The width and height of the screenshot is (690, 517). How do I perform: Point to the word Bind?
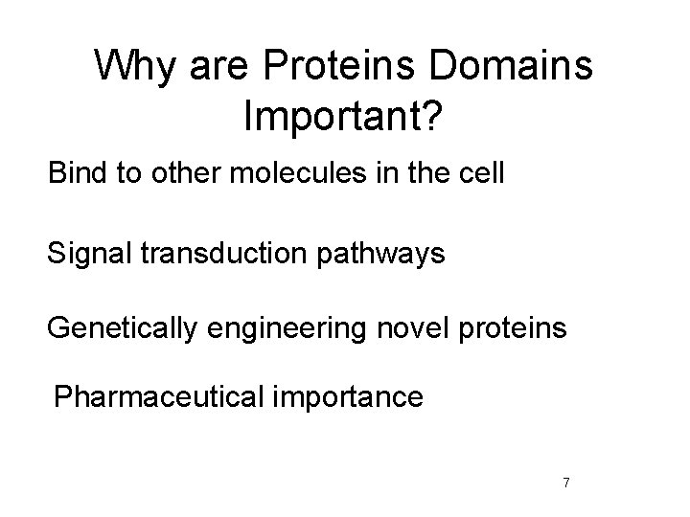click(x=75, y=176)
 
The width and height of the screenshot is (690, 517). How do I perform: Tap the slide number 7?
click(x=566, y=482)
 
